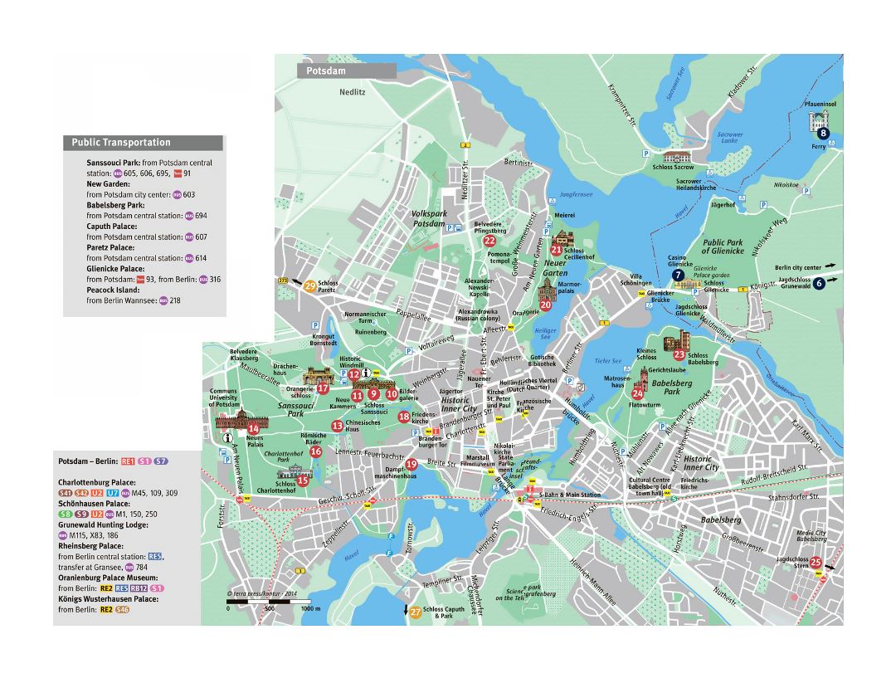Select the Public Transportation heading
click(x=121, y=143)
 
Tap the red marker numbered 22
click(x=489, y=241)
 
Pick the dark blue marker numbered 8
click(x=823, y=133)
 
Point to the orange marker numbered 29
click(x=309, y=287)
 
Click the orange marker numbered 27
click(x=415, y=612)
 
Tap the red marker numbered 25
click(x=816, y=563)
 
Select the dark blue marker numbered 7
click(x=679, y=275)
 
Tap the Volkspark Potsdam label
click(x=429, y=219)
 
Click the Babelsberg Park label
click(x=672, y=388)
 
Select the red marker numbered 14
click(x=253, y=428)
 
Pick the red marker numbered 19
click(x=411, y=464)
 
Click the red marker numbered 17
click(x=323, y=388)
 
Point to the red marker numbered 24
click(x=638, y=393)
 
